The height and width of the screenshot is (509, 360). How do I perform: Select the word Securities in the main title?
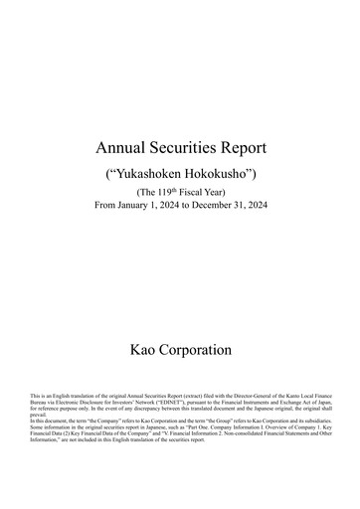183,148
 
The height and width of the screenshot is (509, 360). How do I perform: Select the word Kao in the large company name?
146,350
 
